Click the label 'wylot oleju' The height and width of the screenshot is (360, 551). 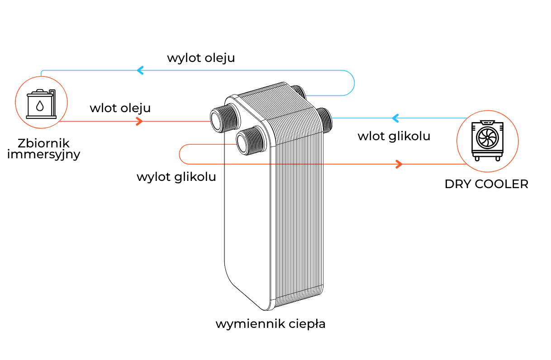[201, 58]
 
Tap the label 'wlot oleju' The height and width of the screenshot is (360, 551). [120, 109]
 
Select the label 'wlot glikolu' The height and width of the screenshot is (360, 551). [394, 136]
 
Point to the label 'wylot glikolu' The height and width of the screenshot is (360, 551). [176, 177]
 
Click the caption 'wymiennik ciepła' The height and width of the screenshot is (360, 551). [270, 324]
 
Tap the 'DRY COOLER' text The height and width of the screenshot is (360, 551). [486, 185]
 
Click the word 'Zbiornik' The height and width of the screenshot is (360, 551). [44, 144]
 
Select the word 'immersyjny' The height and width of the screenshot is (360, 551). [44, 155]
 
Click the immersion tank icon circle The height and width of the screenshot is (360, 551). [41, 103]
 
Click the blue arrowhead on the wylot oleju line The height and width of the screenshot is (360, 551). [140, 71]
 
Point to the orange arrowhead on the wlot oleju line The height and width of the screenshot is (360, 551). [140, 121]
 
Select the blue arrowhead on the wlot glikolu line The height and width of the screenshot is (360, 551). [395, 118]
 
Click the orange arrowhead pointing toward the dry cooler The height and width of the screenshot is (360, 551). [399, 164]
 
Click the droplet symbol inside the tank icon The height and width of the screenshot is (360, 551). [40, 106]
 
